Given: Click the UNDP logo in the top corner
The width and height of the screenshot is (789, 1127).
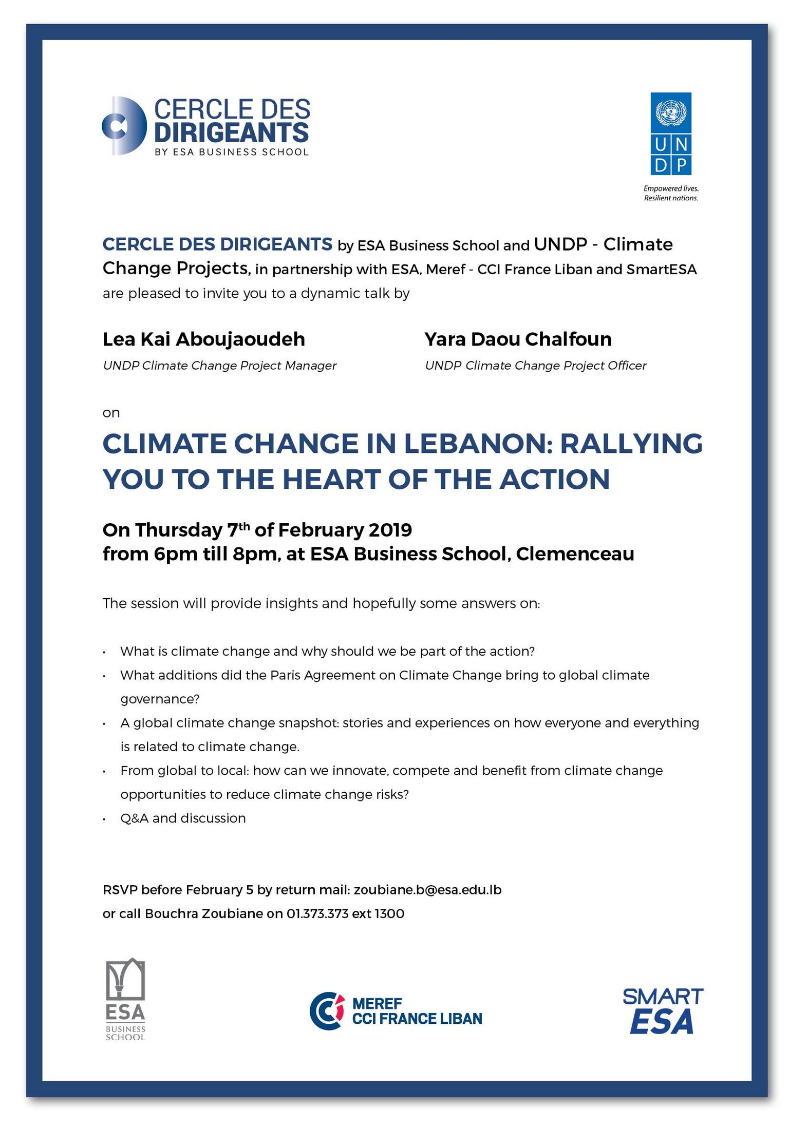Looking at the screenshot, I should point(670,133).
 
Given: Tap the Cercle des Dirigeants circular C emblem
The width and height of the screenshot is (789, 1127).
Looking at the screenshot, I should point(124,126).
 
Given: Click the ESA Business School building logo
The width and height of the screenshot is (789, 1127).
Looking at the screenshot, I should point(125,999).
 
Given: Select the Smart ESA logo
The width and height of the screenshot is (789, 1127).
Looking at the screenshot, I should point(662,1010).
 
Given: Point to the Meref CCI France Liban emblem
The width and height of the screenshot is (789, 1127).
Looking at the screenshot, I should point(327,1010).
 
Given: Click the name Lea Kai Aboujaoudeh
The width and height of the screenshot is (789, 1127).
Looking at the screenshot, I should point(204,339).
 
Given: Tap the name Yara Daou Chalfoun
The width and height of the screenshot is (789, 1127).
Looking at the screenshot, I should point(518,339).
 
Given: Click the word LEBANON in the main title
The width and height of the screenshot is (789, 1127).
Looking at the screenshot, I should point(477,444).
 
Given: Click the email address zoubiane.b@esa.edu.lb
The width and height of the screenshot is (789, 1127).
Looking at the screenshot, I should point(427,890).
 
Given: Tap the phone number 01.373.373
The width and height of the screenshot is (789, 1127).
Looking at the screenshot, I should point(317,914).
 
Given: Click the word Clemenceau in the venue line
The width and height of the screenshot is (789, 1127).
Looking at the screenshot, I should point(575,554).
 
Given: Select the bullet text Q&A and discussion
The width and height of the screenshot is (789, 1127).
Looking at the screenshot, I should point(183,818).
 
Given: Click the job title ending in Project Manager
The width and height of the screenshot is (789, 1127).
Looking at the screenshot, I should point(219,366).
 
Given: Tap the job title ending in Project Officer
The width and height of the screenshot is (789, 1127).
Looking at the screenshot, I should point(535,366).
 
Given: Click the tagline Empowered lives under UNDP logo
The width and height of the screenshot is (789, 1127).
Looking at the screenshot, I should point(671,188).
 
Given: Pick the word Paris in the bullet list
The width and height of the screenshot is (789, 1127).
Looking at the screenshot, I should point(286,675).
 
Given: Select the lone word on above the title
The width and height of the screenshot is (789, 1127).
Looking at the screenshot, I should point(111,413).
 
